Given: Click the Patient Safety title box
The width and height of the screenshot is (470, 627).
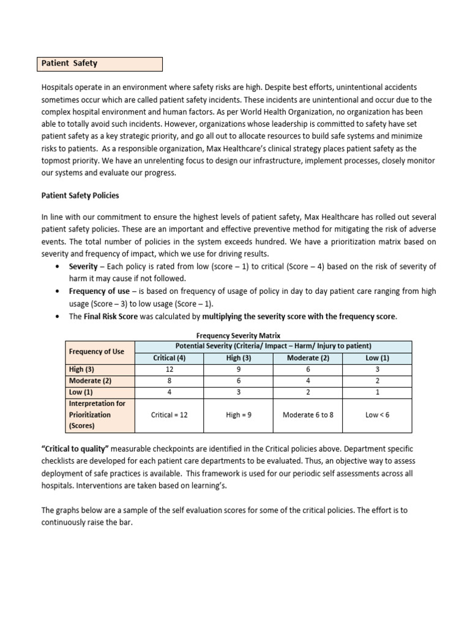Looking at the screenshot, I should pos(101,64).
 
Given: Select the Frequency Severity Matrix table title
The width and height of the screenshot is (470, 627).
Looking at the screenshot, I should pos(237,336).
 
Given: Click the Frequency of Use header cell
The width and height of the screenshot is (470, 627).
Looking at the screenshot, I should pos(97,351).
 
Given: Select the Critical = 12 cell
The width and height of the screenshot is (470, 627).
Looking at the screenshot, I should pos(169,415).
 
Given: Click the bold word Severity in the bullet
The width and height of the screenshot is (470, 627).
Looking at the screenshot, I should pos(83,267).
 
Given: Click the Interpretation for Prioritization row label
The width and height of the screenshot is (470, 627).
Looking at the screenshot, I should pos(97,415).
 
